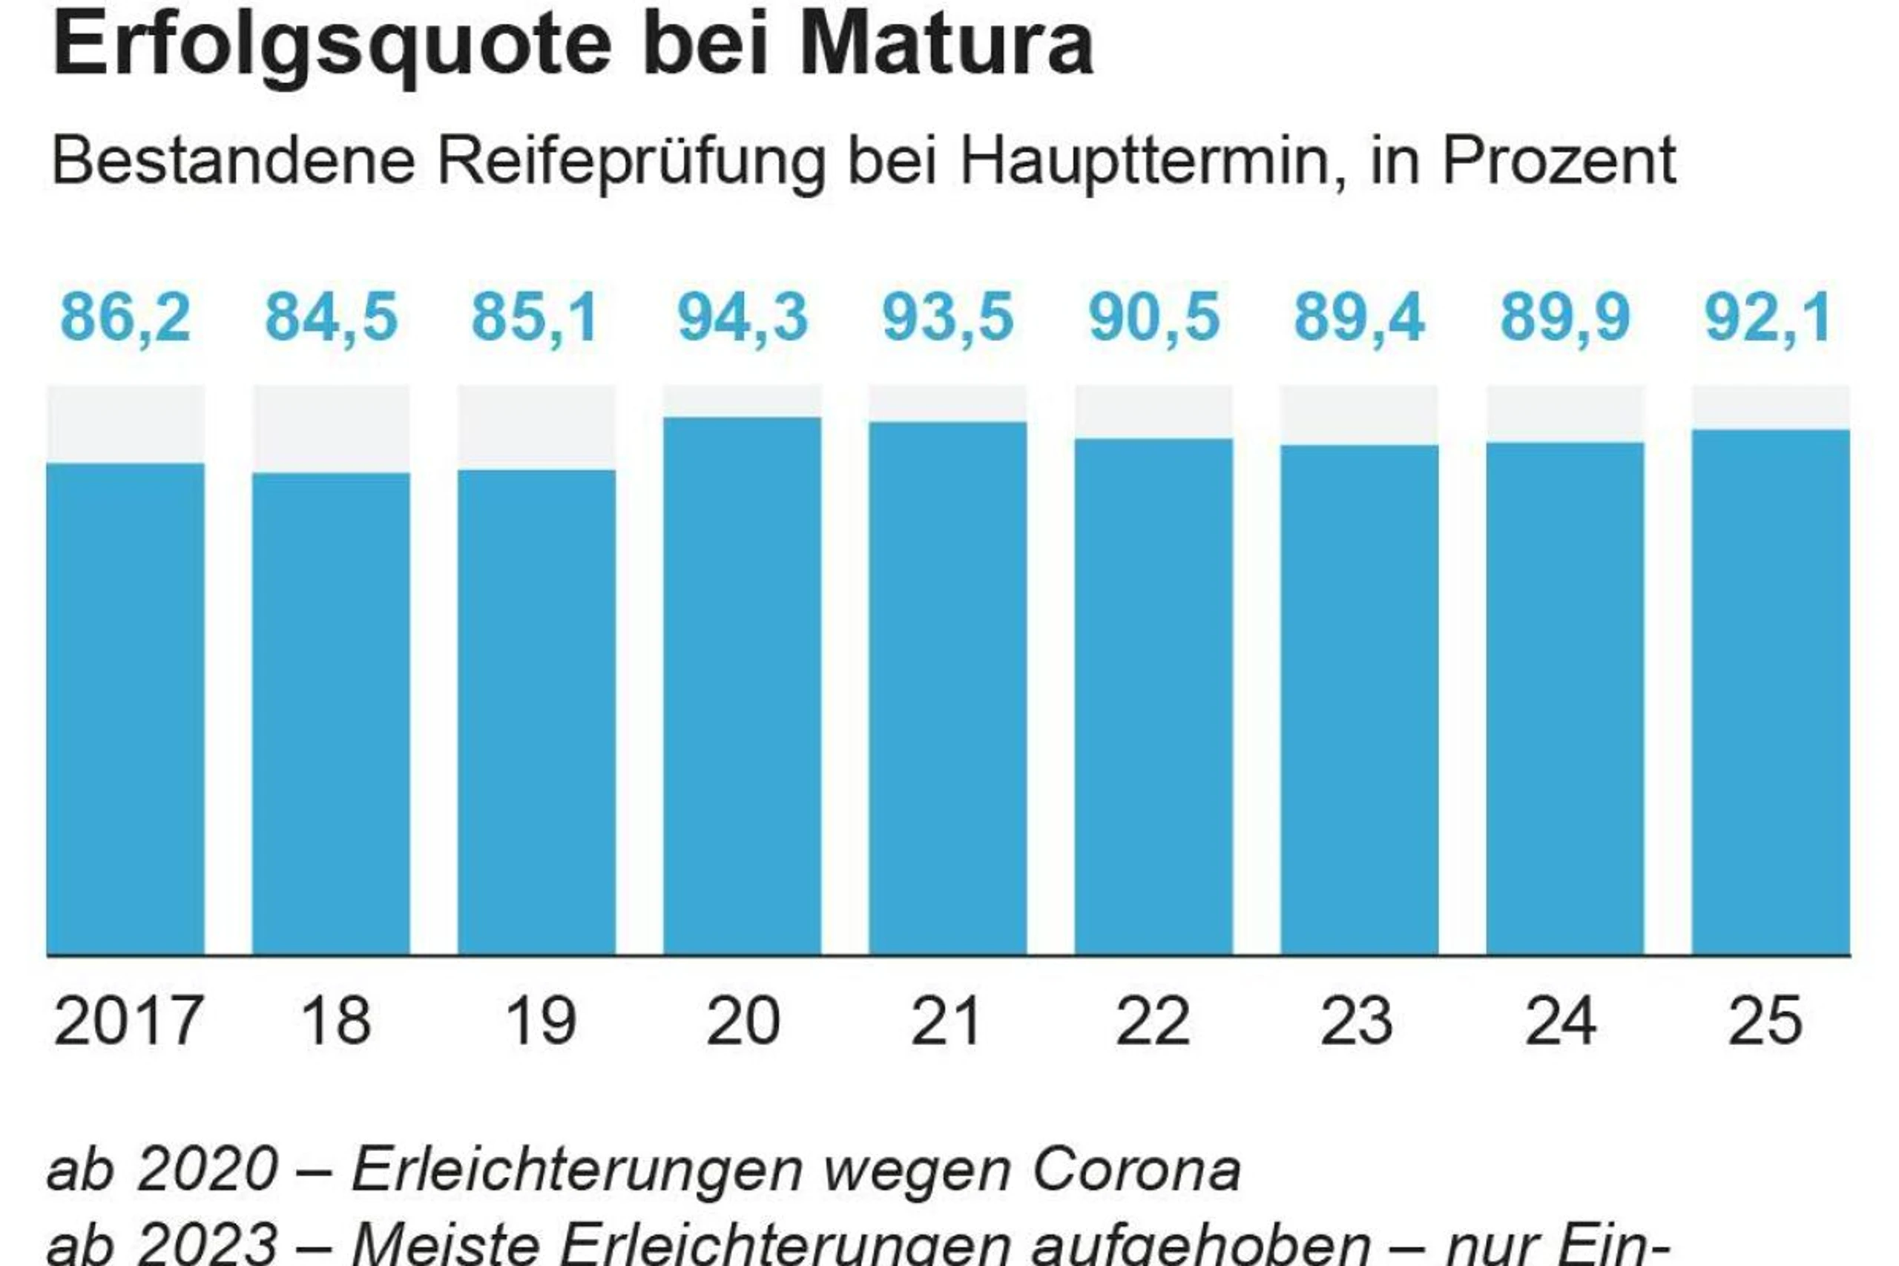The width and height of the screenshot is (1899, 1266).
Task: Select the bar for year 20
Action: coord(742,686)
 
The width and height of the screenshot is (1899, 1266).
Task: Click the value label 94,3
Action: coord(742,317)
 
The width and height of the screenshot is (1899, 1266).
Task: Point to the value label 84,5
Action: coord(331,317)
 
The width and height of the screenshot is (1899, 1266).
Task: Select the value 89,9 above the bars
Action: coord(1564,317)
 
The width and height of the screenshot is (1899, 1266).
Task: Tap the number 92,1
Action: coord(1768,317)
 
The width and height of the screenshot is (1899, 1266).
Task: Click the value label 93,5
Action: coord(947,317)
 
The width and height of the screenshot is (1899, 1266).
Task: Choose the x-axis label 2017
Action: coord(128,1021)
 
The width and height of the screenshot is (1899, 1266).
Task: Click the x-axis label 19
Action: coord(539,1021)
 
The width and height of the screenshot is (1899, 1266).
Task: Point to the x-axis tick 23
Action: coord(1357,1021)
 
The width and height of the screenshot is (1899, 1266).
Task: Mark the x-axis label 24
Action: coord(1561,1021)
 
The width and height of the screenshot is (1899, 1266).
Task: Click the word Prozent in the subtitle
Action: coord(1559,162)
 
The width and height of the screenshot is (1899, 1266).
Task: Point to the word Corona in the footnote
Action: coord(1136,1170)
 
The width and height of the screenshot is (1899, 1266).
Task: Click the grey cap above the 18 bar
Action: coord(331,429)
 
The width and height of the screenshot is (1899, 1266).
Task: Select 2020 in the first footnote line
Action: coord(208,1170)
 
